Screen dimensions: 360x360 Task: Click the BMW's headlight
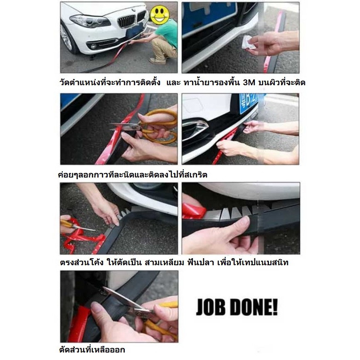pyautogui.click(x=90, y=21)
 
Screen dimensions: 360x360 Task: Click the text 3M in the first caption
pyautogui.click(x=249, y=82)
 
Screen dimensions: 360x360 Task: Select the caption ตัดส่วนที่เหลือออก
pyautogui.click(x=92, y=350)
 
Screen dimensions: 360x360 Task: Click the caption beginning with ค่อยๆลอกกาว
pyautogui.click(x=133, y=175)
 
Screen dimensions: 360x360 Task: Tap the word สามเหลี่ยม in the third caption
pyautogui.click(x=164, y=262)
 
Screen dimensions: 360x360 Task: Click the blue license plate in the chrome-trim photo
pyautogui.click(x=249, y=104)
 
